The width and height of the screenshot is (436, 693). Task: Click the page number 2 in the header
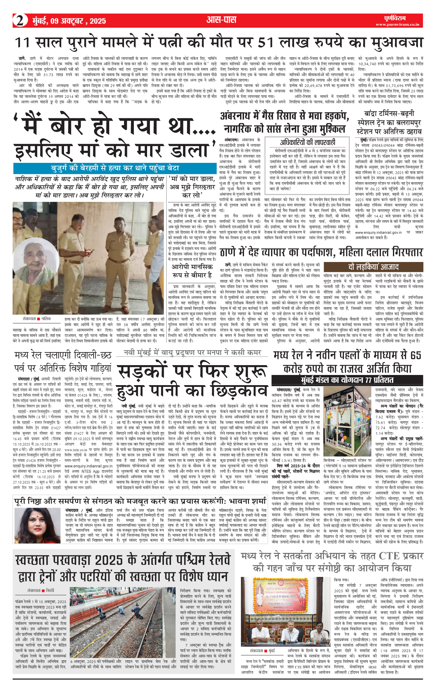click(20, 21)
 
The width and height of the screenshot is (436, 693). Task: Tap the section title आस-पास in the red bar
click(221, 20)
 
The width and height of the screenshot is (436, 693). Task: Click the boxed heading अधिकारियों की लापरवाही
click(307, 142)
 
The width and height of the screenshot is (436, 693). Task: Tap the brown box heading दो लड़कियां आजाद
click(373, 267)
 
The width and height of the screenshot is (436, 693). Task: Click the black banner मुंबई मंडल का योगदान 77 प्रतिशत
click(347, 380)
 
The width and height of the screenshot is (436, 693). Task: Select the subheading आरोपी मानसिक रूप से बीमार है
click(192, 271)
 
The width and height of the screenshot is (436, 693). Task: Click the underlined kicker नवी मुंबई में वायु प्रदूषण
click(192, 352)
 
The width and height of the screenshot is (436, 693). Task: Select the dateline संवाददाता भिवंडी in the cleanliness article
click(41, 590)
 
